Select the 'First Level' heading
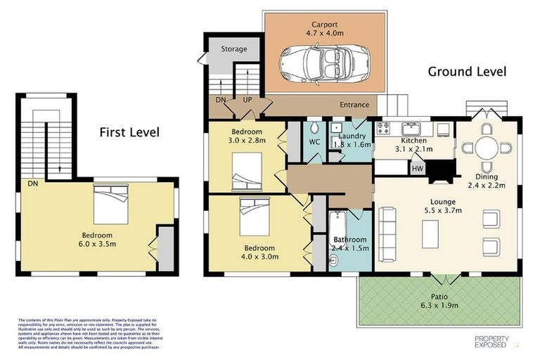[x=129, y=131]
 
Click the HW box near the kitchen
[x=418, y=169]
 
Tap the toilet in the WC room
[x=316, y=129]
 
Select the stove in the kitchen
[x=385, y=128]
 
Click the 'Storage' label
[x=234, y=49]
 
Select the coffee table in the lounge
[x=430, y=234]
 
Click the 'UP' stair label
[x=247, y=101]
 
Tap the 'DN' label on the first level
[x=32, y=184]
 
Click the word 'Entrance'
[x=354, y=105]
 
